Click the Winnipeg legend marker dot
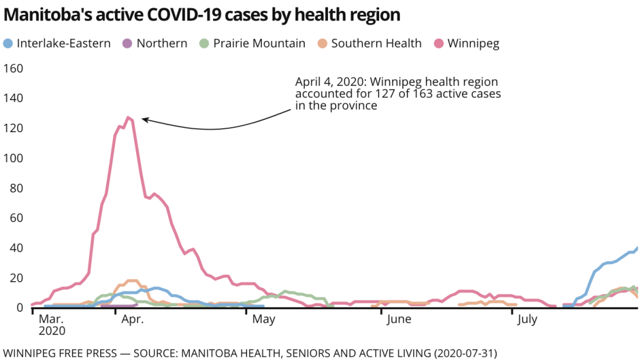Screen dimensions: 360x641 440,44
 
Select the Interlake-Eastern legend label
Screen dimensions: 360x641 64,44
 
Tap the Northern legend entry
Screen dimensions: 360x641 162,44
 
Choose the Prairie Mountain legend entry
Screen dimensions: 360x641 259,44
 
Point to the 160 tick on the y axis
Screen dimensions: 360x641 13,69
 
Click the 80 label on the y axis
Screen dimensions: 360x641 13,188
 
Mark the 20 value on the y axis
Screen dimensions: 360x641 13,278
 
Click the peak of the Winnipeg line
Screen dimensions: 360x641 128,117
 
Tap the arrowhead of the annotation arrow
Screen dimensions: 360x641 143,119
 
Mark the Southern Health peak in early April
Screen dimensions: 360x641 132,280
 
